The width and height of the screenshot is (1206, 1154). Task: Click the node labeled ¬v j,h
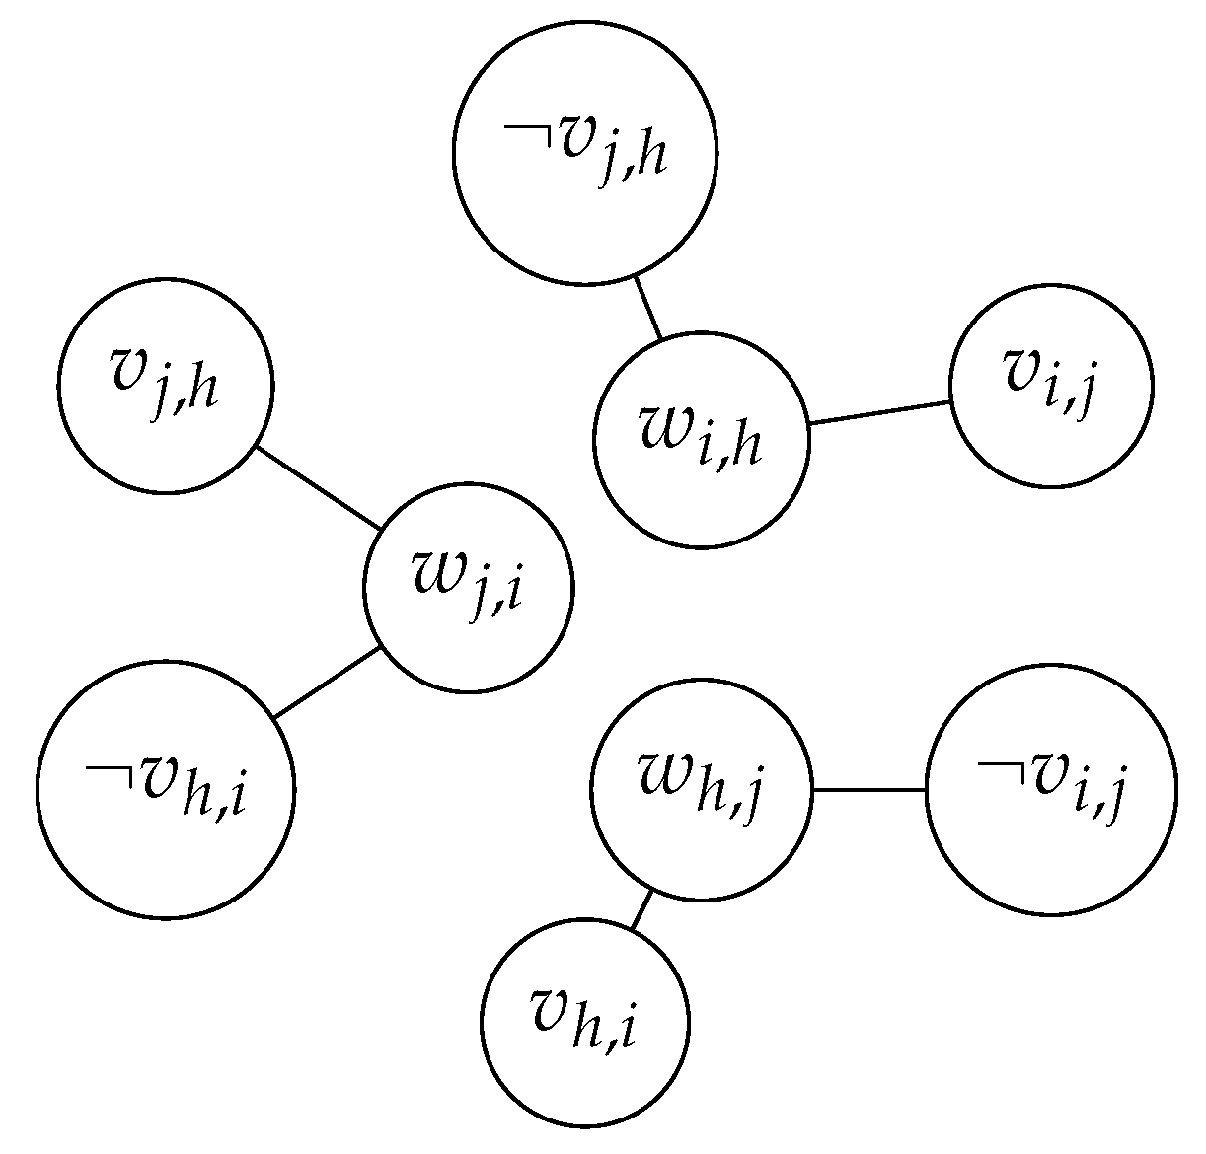tap(585, 151)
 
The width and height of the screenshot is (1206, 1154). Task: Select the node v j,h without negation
tap(165, 385)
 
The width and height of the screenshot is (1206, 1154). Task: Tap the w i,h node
tap(702, 440)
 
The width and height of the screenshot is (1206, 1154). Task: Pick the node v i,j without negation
tap(1051, 385)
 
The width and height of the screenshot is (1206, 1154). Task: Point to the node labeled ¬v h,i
tap(166, 789)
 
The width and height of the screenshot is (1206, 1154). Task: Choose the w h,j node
tap(701, 789)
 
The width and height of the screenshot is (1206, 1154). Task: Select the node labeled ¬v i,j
tap(1051, 789)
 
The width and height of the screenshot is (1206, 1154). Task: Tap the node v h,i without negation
tap(584, 1021)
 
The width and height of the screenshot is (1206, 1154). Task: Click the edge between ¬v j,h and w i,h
tap(647, 308)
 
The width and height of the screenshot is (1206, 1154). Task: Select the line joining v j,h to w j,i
tap(318, 488)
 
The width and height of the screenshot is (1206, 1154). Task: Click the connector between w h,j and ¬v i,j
tap(867, 789)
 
